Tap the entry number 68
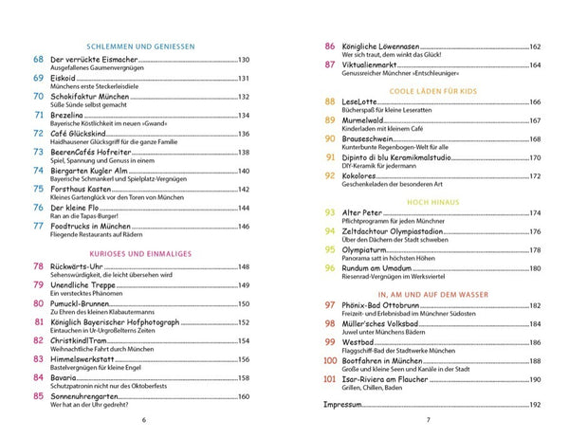pos(38,60)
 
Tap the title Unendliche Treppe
pos(91,285)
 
